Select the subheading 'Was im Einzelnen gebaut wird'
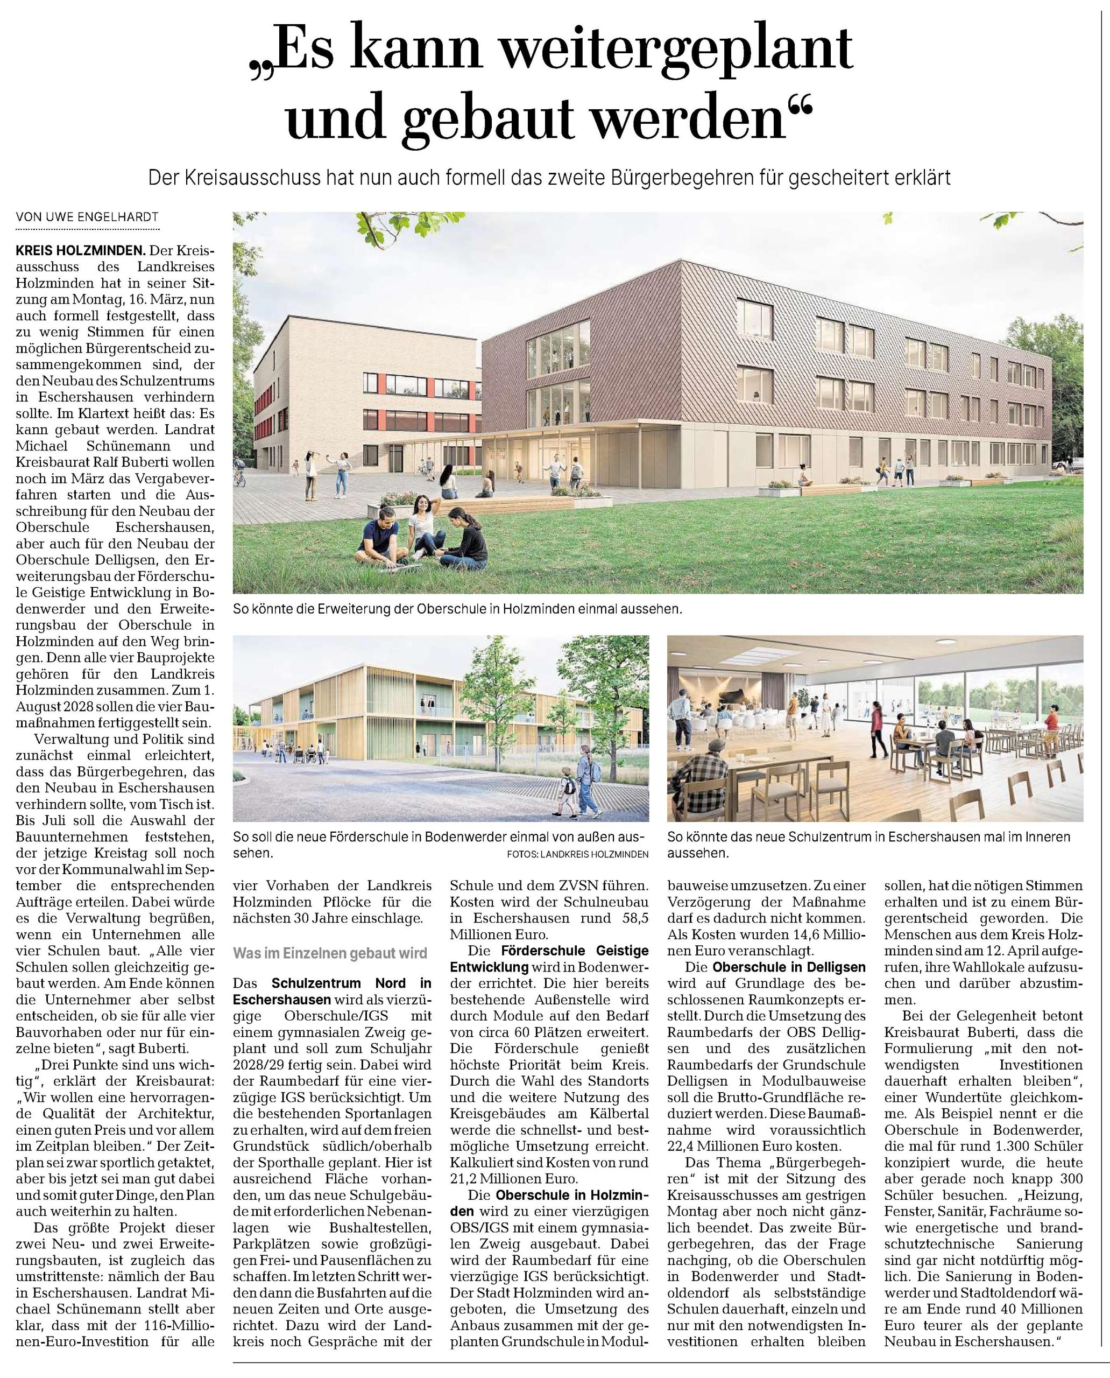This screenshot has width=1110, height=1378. [x=330, y=953]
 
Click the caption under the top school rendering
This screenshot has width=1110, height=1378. [x=457, y=610]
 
